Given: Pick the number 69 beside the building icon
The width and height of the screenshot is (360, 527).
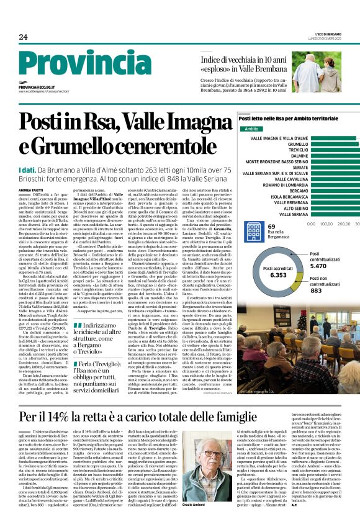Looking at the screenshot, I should tap(271, 227).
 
